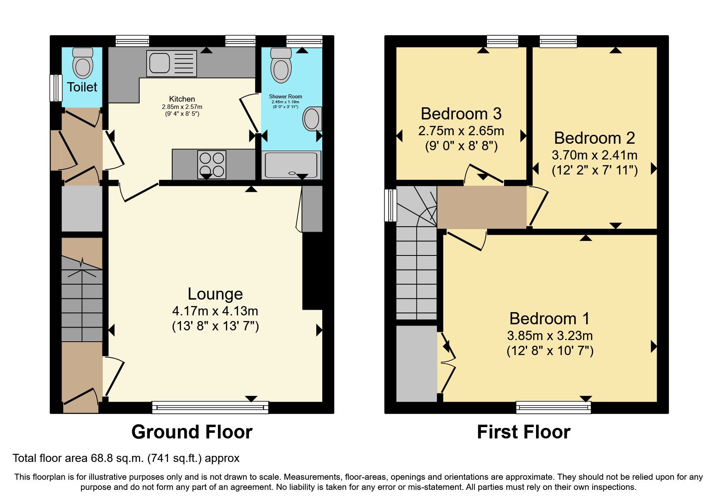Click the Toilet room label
82,87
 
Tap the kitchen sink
171,64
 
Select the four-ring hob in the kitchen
212,164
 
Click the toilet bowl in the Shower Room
281,65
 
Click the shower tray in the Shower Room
291,165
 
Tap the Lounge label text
215,294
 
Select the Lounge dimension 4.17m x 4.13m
215,311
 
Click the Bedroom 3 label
461,114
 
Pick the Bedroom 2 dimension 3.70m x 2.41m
594,155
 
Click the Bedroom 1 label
549,319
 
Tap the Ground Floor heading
192,432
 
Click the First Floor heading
523,432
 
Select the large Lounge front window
210,407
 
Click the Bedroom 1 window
553,407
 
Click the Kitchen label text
182,99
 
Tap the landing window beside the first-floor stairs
391,205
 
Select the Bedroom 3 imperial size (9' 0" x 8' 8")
461,146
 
